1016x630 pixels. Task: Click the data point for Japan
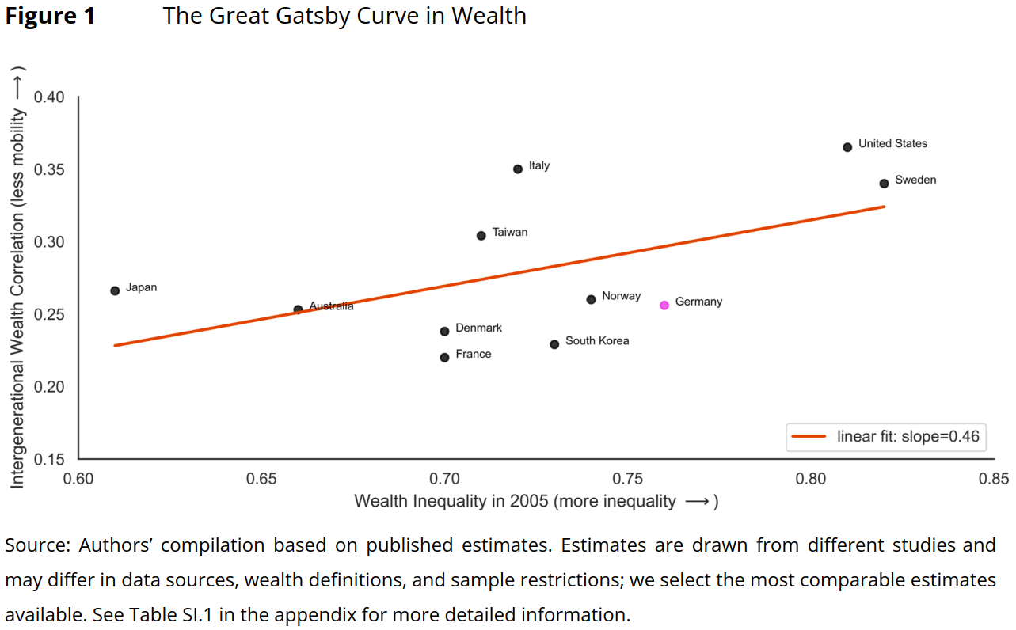pyautogui.click(x=115, y=290)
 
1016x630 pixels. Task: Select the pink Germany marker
pyautogui.click(x=664, y=305)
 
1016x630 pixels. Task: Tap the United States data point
pyautogui.click(x=847, y=146)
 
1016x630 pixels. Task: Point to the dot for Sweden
pyautogui.click(x=884, y=183)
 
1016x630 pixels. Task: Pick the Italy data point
pyautogui.click(x=518, y=169)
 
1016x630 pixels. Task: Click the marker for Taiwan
pyautogui.click(x=481, y=235)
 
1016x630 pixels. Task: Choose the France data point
pyautogui.click(x=444, y=357)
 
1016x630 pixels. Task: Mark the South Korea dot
pyautogui.click(x=554, y=344)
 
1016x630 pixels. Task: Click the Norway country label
pyautogui.click(x=621, y=296)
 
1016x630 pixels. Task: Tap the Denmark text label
pyautogui.click(x=478, y=328)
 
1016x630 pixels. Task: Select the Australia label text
pyautogui.click(x=331, y=306)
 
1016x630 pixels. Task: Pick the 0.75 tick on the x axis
pyautogui.click(x=628, y=479)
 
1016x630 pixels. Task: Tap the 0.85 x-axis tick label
pyautogui.click(x=994, y=479)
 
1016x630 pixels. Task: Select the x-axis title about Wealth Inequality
pyautogui.click(x=535, y=501)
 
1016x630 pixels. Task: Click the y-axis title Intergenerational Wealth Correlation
pyautogui.click(x=17, y=277)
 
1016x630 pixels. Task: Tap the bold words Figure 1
pyautogui.click(x=50, y=16)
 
